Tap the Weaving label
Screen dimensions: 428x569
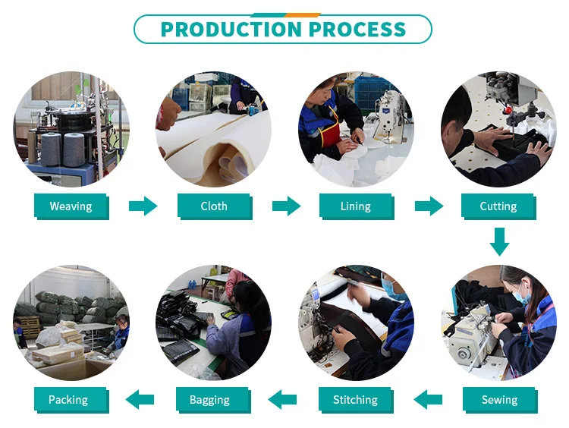coord(71,206)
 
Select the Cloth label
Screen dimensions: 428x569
coord(214,206)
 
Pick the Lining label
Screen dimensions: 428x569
coord(355,206)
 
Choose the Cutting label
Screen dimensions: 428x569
coord(498,206)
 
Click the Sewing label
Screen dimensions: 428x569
coord(499,400)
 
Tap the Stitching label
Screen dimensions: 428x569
coord(355,400)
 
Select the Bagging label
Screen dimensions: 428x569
coord(214,400)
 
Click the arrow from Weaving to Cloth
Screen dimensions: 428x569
coord(143,206)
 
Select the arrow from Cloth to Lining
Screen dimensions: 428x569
coord(286,206)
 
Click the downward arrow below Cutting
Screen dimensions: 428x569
coord(498,241)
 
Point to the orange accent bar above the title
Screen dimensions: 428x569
coord(303,14)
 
